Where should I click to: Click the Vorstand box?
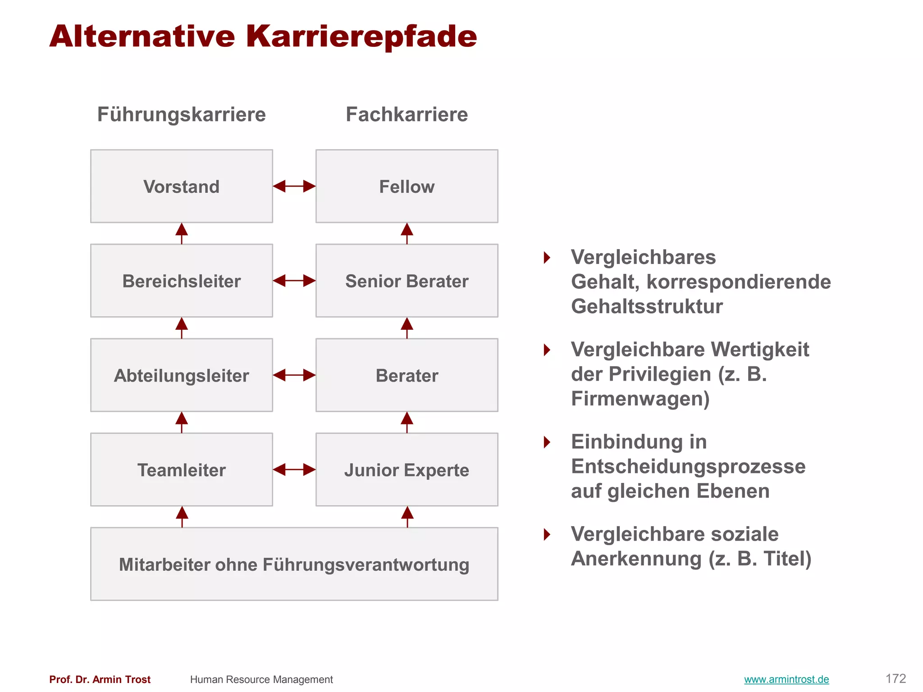[181, 186]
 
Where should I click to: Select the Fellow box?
[407, 186]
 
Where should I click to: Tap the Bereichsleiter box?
[181, 281]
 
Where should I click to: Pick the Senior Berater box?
[407, 281]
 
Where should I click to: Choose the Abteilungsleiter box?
[181, 375]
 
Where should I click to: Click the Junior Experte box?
[407, 469]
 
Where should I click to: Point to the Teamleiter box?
[181, 469]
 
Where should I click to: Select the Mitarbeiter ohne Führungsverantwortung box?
[294, 564]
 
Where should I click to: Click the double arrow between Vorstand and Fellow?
[294, 186]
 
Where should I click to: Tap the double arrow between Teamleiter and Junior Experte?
[294, 469]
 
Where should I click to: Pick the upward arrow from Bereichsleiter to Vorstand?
[182, 233]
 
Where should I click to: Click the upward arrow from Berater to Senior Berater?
[407, 328]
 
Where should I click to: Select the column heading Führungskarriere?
[181, 114]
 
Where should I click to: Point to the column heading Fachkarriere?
[407, 114]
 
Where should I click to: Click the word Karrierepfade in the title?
[361, 36]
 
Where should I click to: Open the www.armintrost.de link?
[786, 679]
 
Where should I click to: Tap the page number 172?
[896, 678]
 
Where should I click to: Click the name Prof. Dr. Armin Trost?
[100, 679]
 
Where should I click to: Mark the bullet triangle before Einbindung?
[547, 442]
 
